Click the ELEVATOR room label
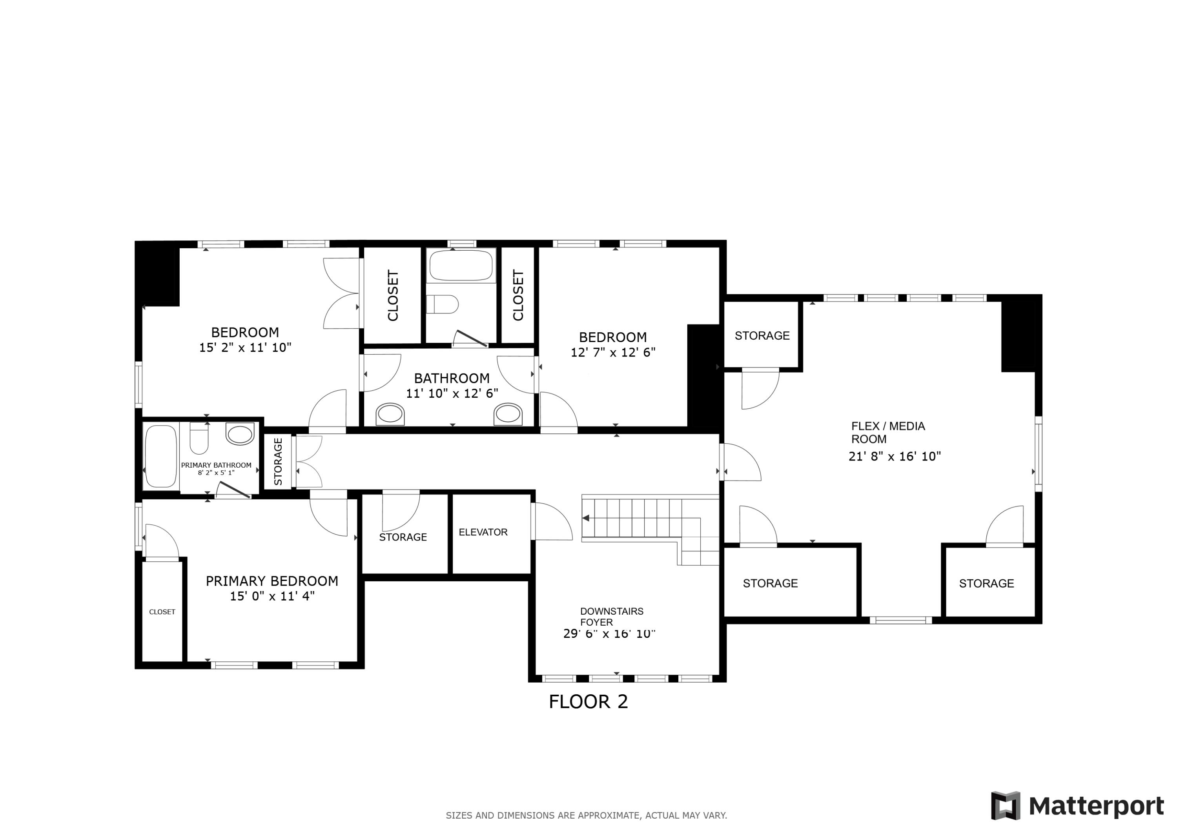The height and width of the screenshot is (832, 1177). click(483, 532)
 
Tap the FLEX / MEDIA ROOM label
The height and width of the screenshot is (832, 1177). click(888, 433)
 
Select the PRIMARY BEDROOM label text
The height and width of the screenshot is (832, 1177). click(272, 581)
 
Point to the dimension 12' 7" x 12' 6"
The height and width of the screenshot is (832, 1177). click(613, 352)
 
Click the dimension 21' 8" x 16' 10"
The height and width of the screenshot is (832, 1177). click(895, 456)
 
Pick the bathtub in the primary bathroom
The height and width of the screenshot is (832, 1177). click(161, 456)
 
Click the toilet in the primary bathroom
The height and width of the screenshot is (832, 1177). click(199, 438)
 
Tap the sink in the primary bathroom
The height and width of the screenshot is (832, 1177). click(240, 434)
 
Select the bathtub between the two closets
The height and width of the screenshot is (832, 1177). click(461, 266)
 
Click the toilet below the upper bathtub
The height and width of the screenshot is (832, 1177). click(443, 304)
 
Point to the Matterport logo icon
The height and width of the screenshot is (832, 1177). click(1005, 806)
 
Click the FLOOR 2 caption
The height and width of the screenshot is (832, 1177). click(588, 702)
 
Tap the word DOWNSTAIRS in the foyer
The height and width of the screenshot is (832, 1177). click(612, 611)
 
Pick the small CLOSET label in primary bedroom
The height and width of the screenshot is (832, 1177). click(162, 612)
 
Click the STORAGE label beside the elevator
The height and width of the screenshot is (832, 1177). click(403, 537)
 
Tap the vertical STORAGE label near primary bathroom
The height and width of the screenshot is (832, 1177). click(278, 461)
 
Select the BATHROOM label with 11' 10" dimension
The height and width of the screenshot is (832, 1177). click(452, 378)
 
